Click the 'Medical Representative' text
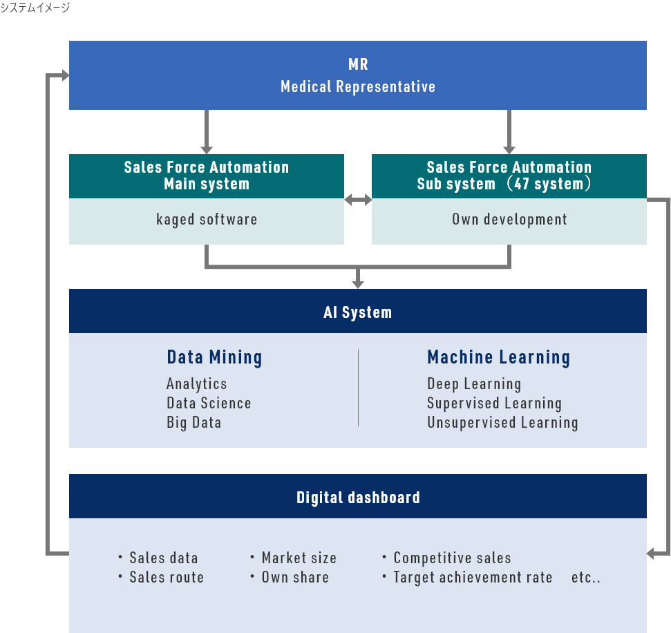click(x=358, y=86)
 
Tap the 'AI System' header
click(x=357, y=312)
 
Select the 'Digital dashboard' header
click(x=357, y=497)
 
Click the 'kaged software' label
click(x=206, y=220)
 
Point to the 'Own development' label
click(x=509, y=220)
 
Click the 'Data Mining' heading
click(x=214, y=357)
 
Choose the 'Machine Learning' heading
click(x=498, y=357)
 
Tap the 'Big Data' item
click(x=193, y=422)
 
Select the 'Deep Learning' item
click(x=474, y=384)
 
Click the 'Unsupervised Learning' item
click(x=502, y=422)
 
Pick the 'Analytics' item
click(x=196, y=384)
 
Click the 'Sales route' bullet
click(x=167, y=577)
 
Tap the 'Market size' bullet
click(x=299, y=558)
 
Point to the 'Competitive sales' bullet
click(x=452, y=558)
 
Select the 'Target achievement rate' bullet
click(x=473, y=577)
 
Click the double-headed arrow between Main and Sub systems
click(x=358, y=200)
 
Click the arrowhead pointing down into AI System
click(x=357, y=283)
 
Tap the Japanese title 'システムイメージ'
click(x=35, y=8)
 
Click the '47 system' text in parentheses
click(x=549, y=185)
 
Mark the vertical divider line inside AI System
click(x=358, y=387)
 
